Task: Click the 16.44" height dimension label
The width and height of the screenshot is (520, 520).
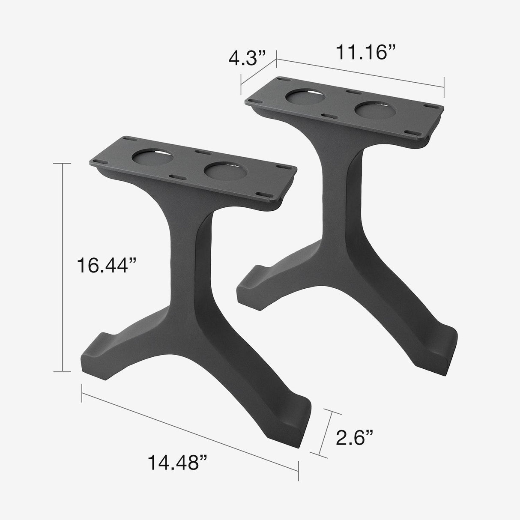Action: tap(102, 266)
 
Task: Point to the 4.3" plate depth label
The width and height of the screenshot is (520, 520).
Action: tap(247, 57)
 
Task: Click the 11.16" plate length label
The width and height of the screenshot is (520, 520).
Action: tap(365, 52)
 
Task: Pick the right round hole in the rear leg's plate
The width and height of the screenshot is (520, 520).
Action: tap(374, 111)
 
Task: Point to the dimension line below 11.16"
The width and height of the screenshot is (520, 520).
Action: tap(360, 73)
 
